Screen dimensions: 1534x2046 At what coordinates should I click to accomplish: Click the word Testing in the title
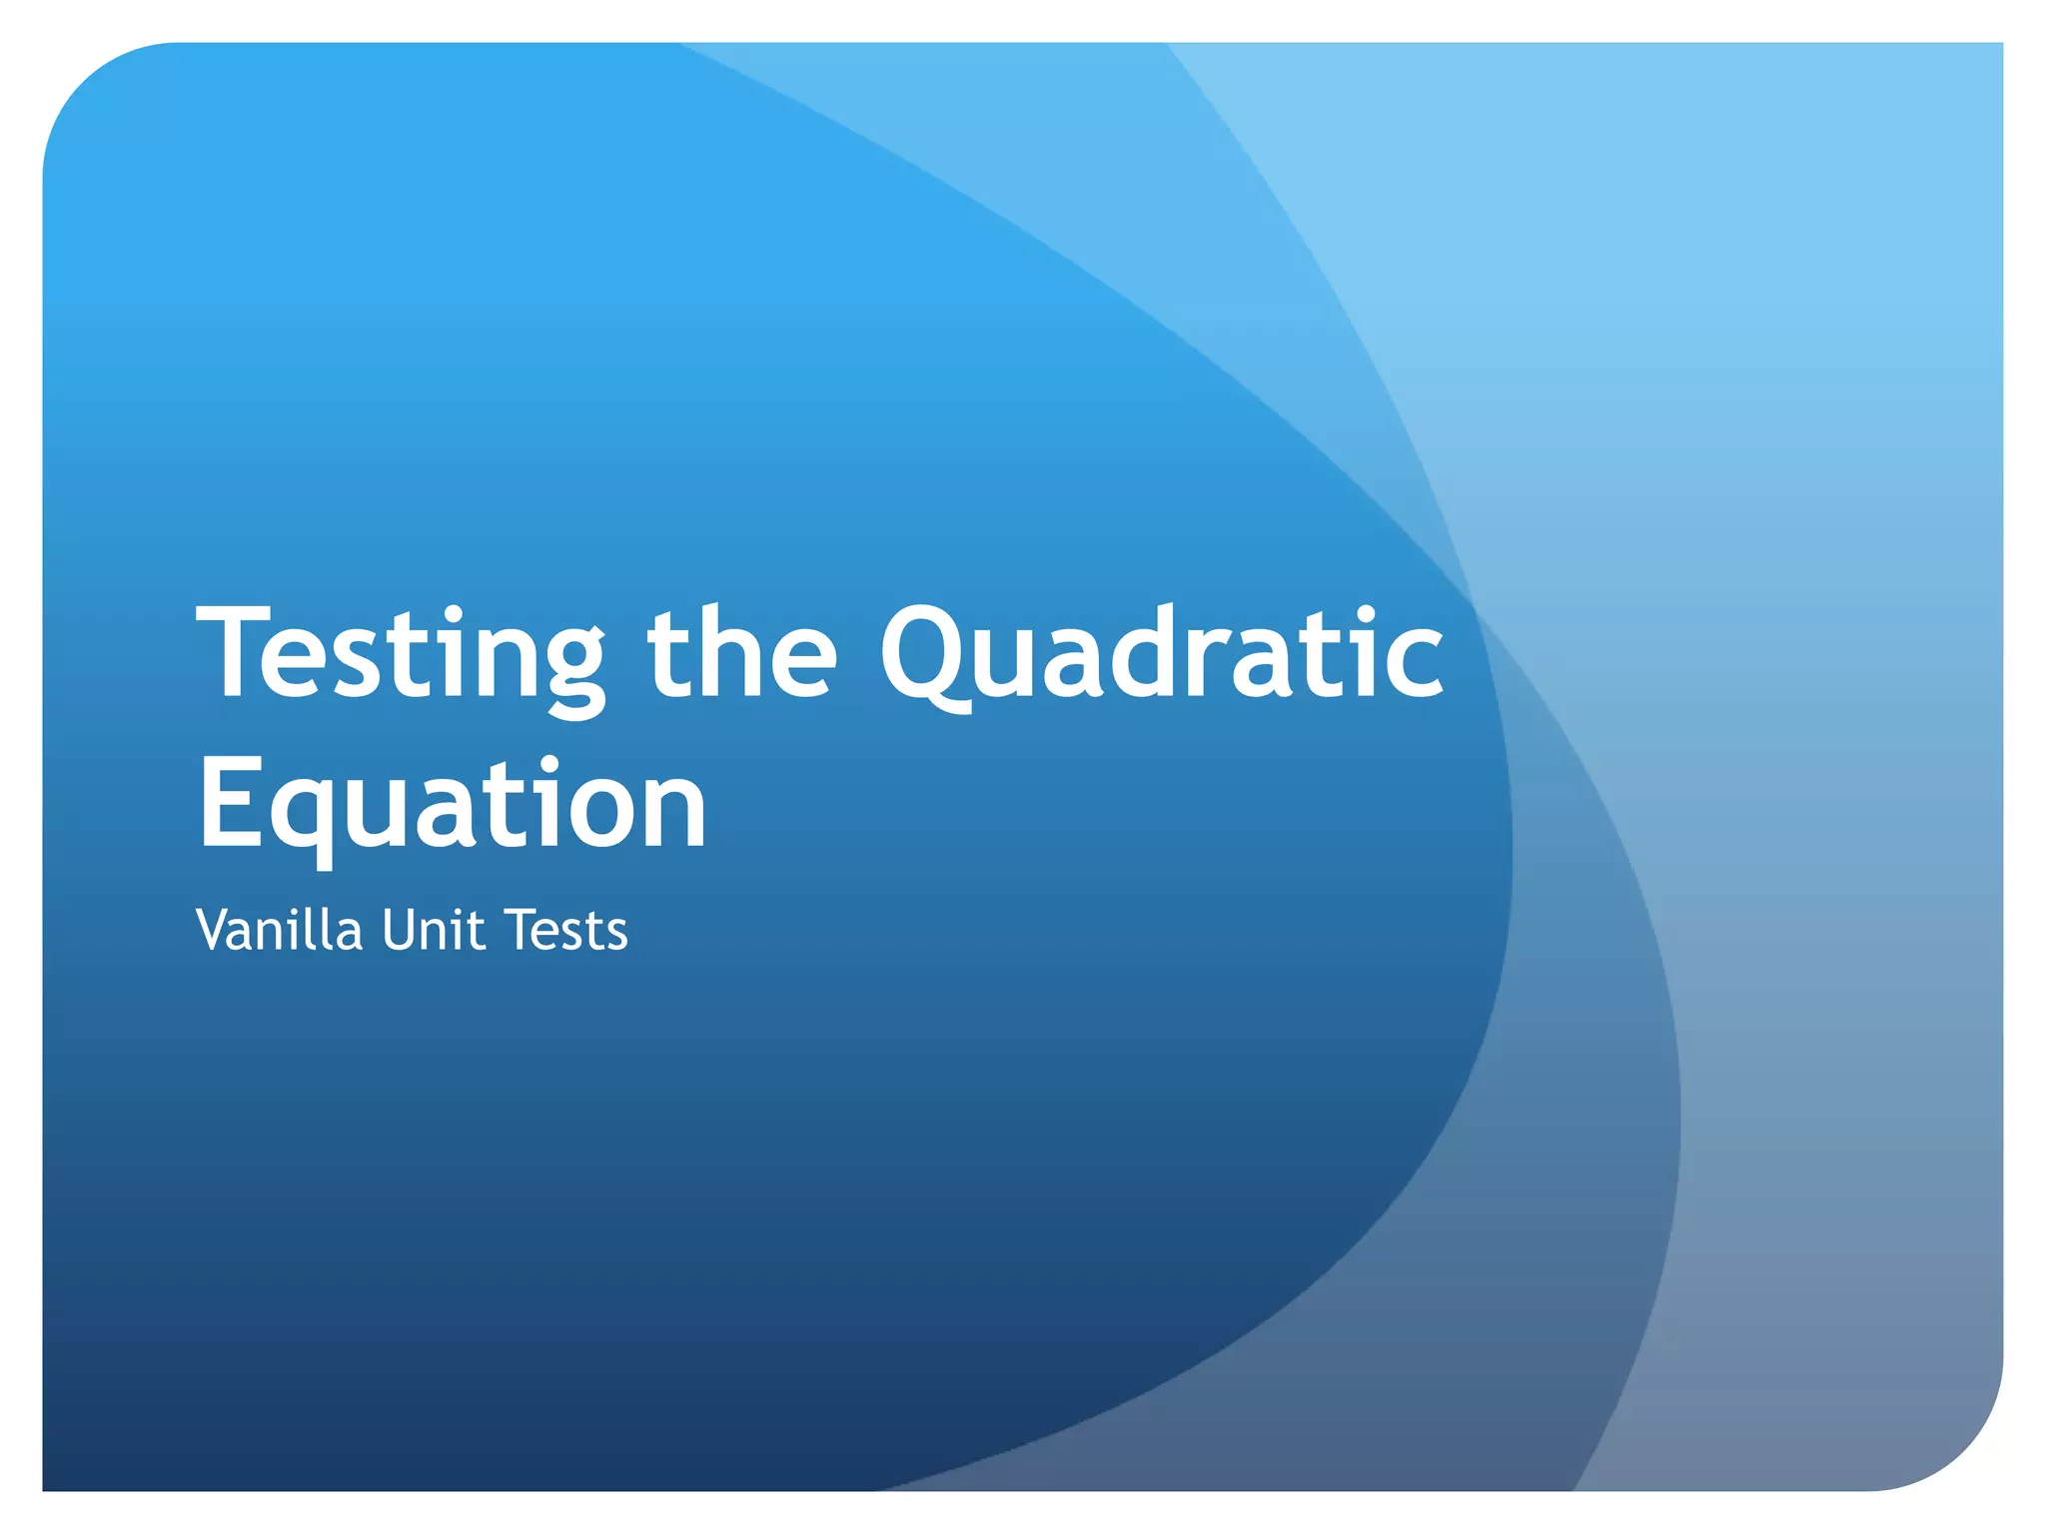tap(401, 654)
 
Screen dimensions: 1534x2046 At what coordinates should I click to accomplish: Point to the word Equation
tap(453, 804)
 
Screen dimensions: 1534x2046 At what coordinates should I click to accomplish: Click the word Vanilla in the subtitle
tap(279, 930)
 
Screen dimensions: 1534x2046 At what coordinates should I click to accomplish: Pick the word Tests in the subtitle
tap(566, 930)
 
